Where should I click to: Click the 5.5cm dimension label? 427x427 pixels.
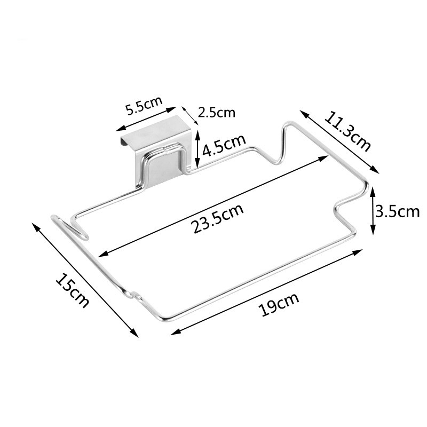(x=144, y=105)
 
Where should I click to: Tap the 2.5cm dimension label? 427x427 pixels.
(x=216, y=113)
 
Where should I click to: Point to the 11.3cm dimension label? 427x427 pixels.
(x=347, y=131)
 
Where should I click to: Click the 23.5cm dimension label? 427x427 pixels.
(x=217, y=219)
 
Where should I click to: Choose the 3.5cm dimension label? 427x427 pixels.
(x=398, y=211)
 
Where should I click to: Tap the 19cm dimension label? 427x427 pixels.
(x=280, y=304)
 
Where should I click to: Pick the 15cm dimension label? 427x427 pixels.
(x=72, y=290)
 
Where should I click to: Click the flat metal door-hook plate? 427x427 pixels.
(x=155, y=147)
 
